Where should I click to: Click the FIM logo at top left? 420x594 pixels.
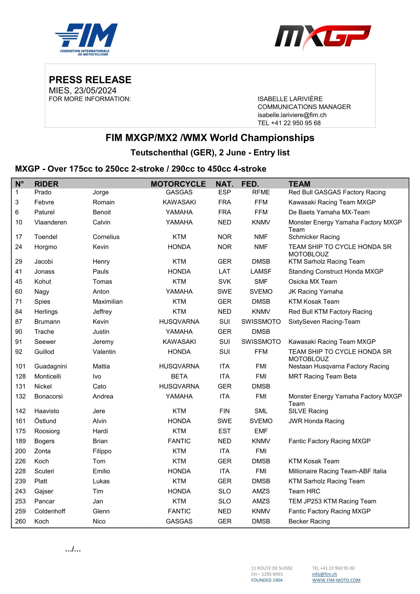pyautogui.click(x=86, y=39)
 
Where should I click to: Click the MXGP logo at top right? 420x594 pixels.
pyautogui.click(x=323, y=37)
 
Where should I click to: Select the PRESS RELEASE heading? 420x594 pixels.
pyautogui.click(x=90, y=80)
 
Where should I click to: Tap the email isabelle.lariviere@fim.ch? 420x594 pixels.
pyautogui.click(x=292, y=115)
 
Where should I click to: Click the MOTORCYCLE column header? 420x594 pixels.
pyautogui.click(x=178, y=184)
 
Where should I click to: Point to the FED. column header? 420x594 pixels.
pyautogui.click(x=250, y=184)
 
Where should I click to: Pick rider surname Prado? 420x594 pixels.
pyautogui.click(x=43, y=192)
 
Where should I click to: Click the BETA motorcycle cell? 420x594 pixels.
pyautogui.click(x=179, y=377)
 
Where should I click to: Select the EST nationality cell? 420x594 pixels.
pyautogui.click(x=224, y=431)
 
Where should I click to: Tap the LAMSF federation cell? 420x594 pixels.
pyautogui.click(x=261, y=272)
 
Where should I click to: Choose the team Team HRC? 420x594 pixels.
pyautogui.click(x=304, y=491)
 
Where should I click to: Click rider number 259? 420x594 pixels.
pyautogui.click(x=20, y=511)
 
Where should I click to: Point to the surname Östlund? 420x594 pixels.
pyautogui.click(x=45, y=421)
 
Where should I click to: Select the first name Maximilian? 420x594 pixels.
pyautogui.click(x=108, y=302)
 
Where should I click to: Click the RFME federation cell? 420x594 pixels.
pyautogui.click(x=261, y=192)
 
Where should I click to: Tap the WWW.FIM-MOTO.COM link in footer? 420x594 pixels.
pyautogui.click(x=336, y=580)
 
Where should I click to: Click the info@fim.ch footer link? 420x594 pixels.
pyautogui.click(x=324, y=574)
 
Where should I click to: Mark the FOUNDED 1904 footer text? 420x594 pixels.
pyautogui.click(x=267, y=580)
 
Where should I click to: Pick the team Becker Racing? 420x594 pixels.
pyautogui.click(x=309, y=522)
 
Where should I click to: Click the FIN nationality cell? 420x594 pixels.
pyautogui.click(x=224, y=411)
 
